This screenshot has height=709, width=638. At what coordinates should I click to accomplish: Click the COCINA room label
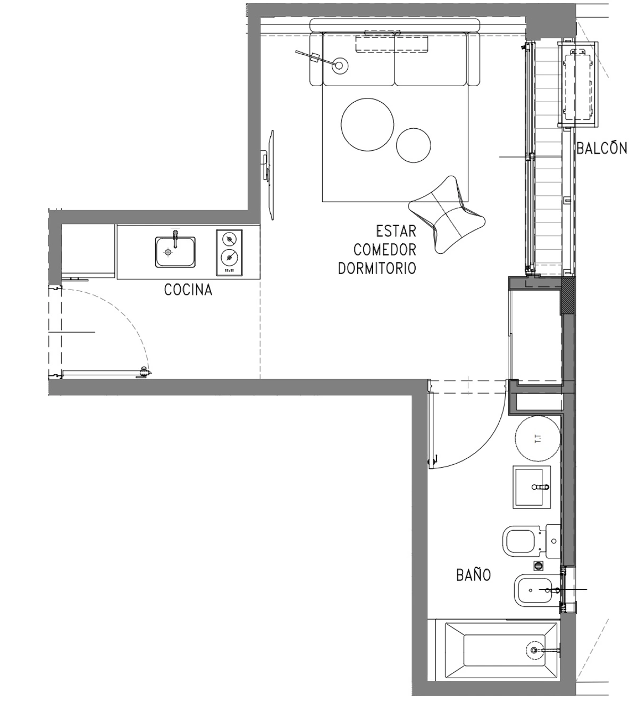coord(188,290)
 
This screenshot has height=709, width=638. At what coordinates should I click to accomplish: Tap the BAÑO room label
coord(473,575)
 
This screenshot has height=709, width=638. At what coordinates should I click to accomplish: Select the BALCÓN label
coord(601,148)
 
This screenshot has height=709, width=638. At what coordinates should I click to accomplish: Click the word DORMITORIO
coord(377,268)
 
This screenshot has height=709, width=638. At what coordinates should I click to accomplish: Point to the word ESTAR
coord(396,232)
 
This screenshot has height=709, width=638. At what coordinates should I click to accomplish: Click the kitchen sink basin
coord(175,252)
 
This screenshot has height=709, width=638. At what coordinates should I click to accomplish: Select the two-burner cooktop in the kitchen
coord(230,252)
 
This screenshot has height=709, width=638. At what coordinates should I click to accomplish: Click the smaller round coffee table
coord(414,145)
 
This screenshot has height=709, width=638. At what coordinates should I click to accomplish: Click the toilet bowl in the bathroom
coord(521,541)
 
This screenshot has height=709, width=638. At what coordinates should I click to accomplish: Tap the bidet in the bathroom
coord(534,590)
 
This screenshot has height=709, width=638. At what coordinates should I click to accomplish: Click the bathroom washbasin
coord(531,487)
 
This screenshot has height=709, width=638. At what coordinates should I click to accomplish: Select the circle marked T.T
coord(537,439)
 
